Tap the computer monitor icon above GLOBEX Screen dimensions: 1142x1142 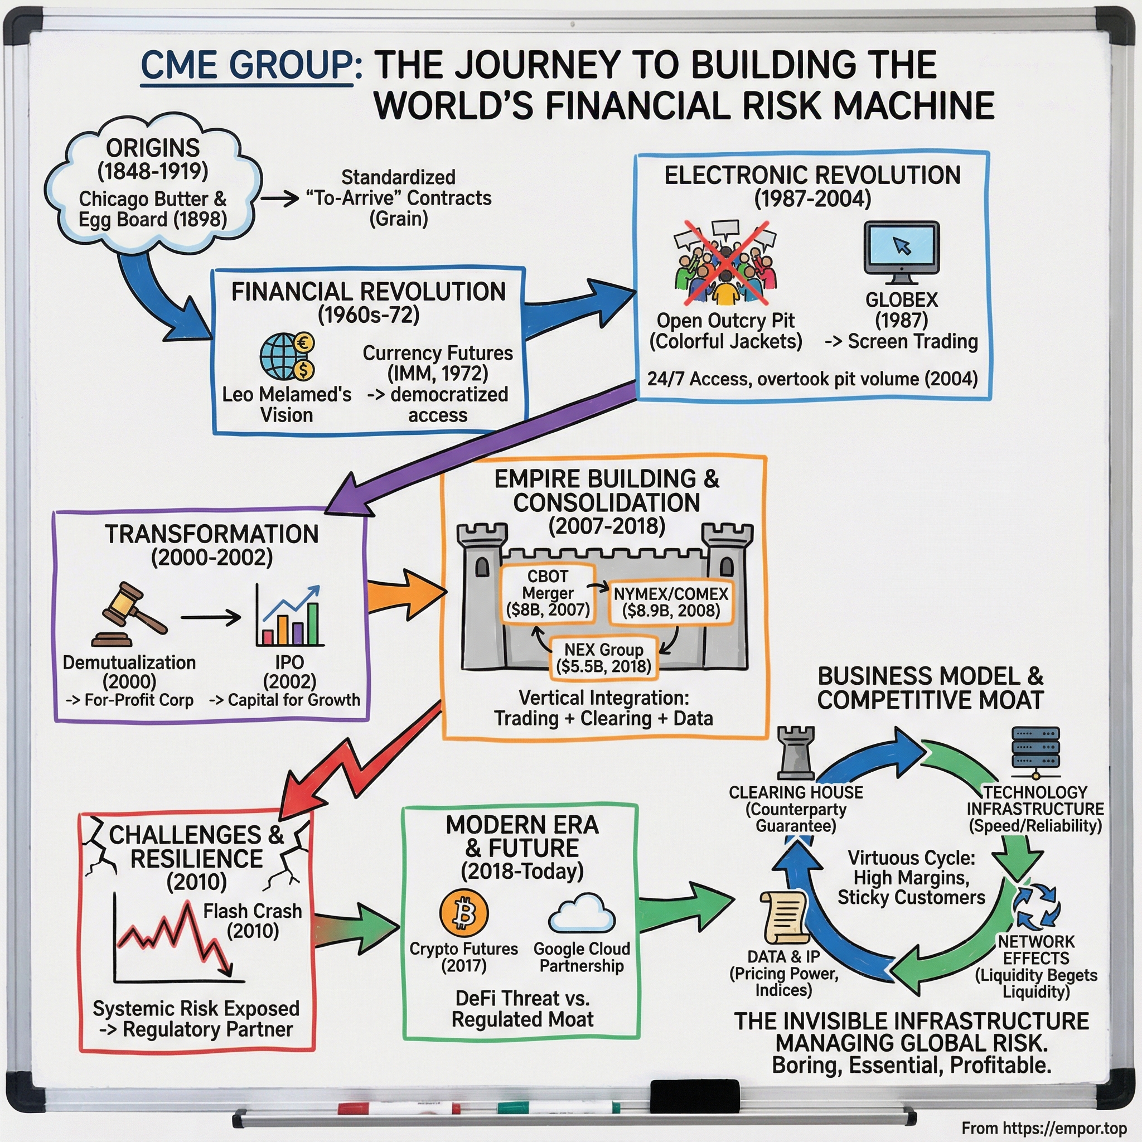(x=901, y=252)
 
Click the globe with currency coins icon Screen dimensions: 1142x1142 (x=287, y=356)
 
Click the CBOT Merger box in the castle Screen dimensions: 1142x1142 (x=548, y=593)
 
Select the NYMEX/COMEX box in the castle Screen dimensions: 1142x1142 (x=670, y=602)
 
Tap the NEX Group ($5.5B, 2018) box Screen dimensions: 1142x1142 (x=603, y=658)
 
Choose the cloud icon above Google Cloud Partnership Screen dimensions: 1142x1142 (x=582, y=913)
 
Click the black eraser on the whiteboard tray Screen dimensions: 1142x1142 (x=695, y=1096)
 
